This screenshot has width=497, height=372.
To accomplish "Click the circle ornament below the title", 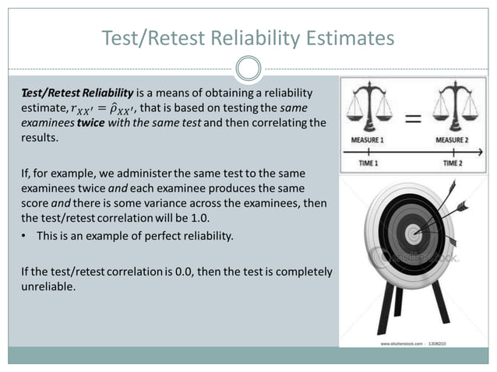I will click(x=248, y=70).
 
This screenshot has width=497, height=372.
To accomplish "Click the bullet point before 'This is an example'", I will click(x=25, y=236).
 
